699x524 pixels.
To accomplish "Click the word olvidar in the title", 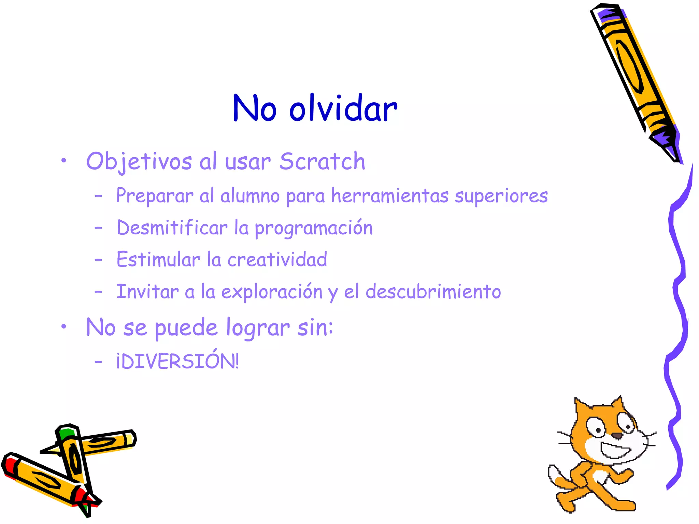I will [x=343, y=109].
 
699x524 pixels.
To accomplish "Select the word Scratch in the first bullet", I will [x=322, y=161].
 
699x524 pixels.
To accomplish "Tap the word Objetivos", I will [x=139, y=161].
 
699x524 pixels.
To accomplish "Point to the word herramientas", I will [x=390, y=196].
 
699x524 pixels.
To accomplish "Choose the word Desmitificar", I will [x=172, y=228].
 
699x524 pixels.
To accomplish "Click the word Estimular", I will [x=158, y=259].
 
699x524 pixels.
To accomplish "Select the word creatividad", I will [x=277, y=259].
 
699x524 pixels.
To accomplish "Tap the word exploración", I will [x=272, y=292].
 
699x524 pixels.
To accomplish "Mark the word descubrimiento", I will [x=433, y=292].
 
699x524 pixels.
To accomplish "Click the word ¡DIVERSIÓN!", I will [x=177, y=361].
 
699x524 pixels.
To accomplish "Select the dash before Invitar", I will [x=98, y=292].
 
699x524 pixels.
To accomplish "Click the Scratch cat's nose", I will [x=617, y=436].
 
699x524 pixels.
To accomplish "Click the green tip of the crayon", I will [x=66, y=434].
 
